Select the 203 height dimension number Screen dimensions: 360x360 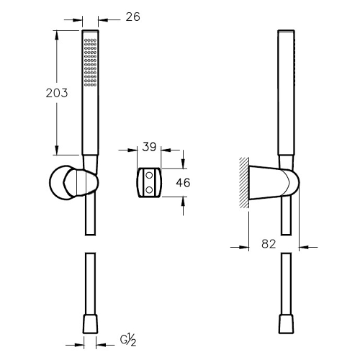[37, 94]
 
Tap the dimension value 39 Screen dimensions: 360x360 [150, 148]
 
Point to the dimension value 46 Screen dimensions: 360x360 [183, 183]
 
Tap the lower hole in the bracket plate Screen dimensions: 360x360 [150, 189]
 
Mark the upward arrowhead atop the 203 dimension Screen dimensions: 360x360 [57, 35]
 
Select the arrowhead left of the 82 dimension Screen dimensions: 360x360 [244, 248]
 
